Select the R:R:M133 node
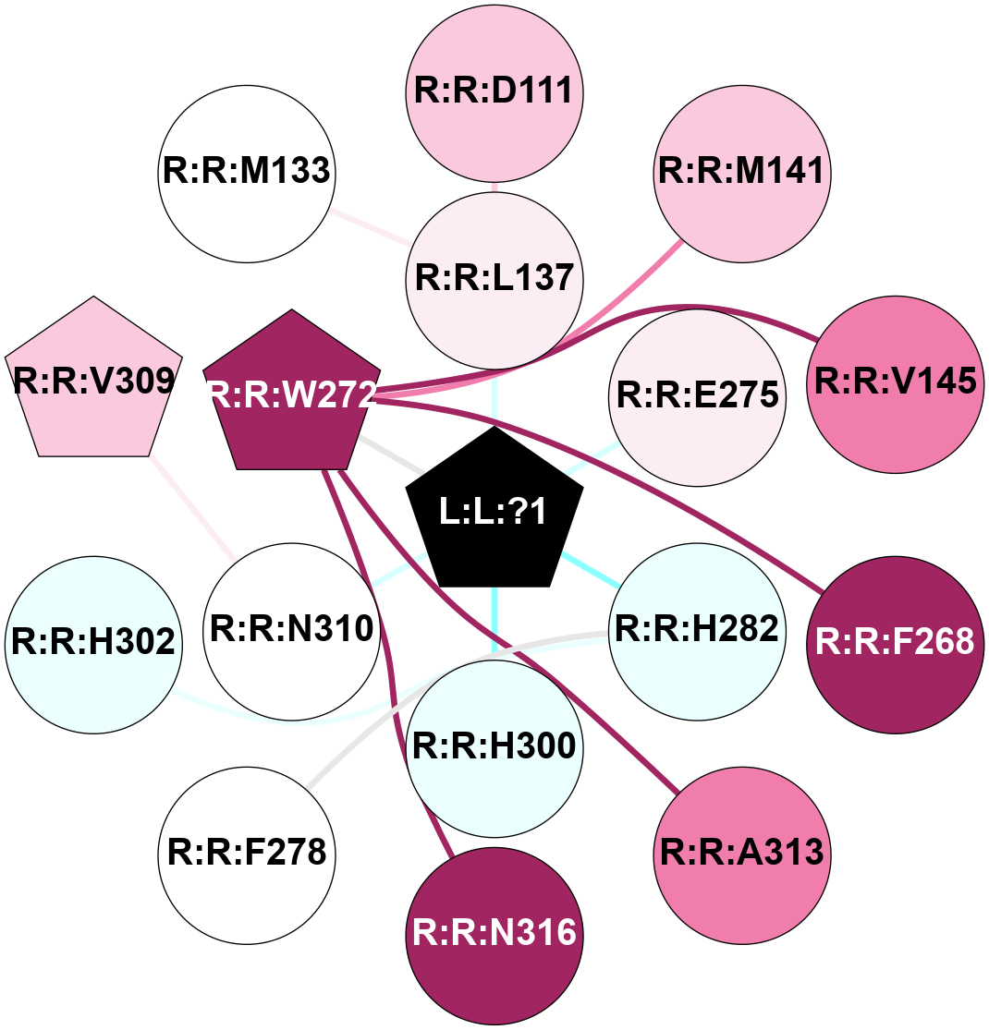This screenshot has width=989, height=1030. pyautogui.click(x=246, y=171)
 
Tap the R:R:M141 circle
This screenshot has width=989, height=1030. pyautogui.click(x=741, y=171)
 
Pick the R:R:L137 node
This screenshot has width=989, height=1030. pyautogui.click(x=494, y=277)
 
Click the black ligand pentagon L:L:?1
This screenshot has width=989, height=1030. pyautogui.click(x=494, y=512)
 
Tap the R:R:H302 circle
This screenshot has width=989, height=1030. pyautogui.click(x=92, y=642)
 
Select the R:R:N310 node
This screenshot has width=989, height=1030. pyautogui.click(x=292, y=628)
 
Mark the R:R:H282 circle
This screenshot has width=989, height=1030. pyautogui.click(x=697, y=628)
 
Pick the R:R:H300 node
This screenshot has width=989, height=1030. pyautogui.click(x=494, y=745)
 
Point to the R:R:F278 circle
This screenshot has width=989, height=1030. pyautogui.click(x=246, y=851)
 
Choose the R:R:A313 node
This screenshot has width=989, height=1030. pyautogui.click(x=741, y=851)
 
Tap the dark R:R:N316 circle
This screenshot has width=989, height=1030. pyautogui.click(x=494, y=933)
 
